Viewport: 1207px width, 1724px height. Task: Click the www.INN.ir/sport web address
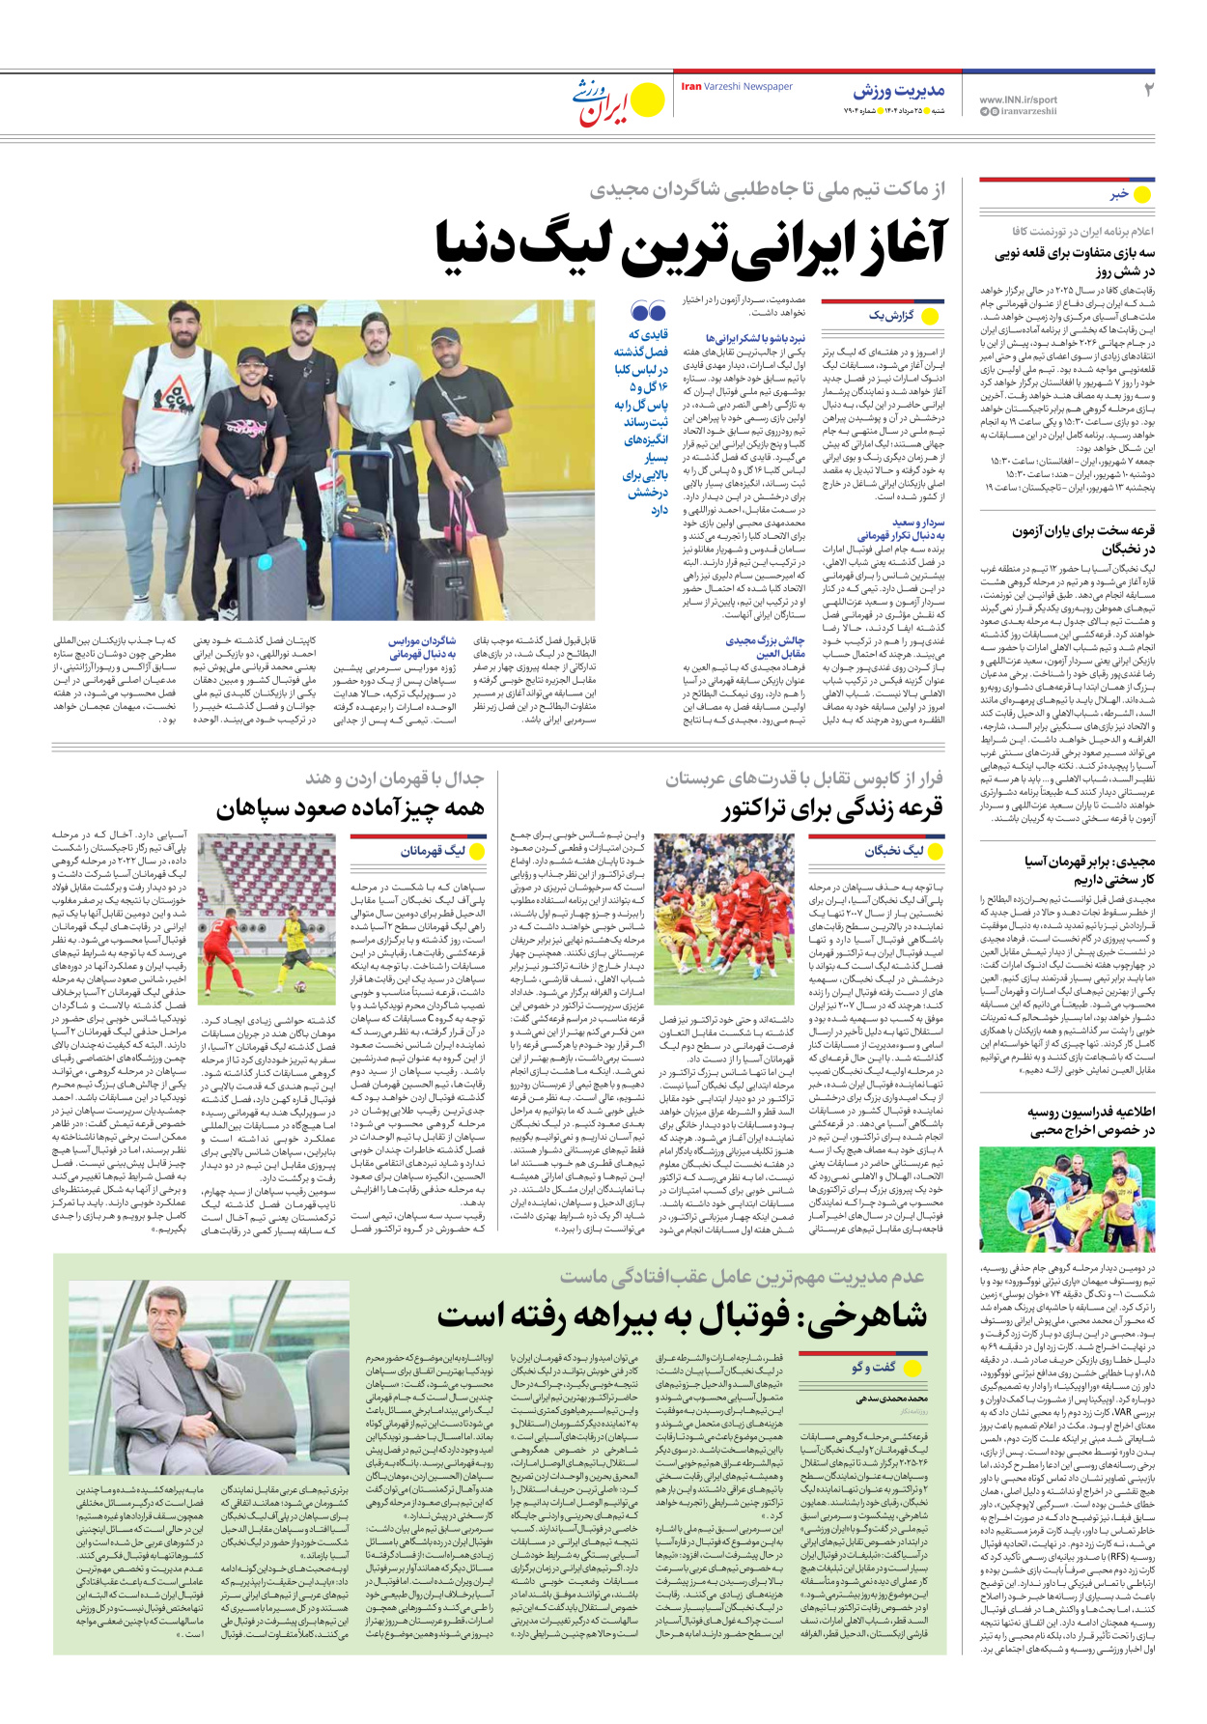[x=1018, y=99]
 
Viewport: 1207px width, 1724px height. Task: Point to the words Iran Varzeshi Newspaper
[x=736, y=87]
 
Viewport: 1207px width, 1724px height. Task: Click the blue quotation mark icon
[x=648, y=311]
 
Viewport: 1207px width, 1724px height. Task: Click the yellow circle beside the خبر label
[x=1142, y=194]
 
